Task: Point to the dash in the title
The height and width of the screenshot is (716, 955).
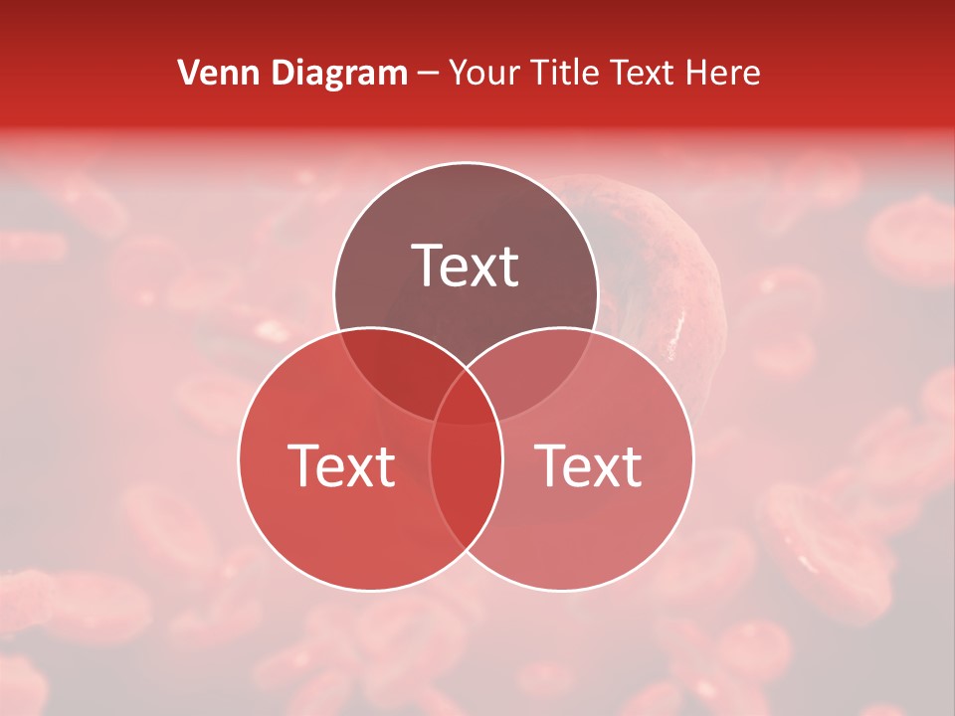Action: (x=428, y=74)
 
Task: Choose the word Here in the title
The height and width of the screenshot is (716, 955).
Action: (x=726, y=73)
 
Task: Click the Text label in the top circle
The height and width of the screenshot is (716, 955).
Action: (x=466, y=267)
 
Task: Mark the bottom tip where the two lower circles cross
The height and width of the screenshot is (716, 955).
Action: (x=466, y=549)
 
